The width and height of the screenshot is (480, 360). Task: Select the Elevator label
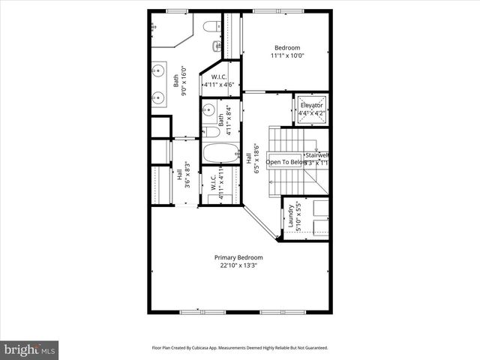[312, 105]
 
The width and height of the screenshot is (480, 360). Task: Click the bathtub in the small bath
[220, 154]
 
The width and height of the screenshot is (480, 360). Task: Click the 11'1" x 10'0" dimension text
[289, 55]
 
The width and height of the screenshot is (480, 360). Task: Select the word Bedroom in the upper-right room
[289, 47]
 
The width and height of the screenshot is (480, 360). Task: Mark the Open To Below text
[286, 162]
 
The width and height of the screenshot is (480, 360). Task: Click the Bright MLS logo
[30, 349]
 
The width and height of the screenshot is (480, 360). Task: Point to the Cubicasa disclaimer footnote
[240, 348]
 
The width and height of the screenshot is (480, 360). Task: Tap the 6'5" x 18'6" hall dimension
[256, 159]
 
